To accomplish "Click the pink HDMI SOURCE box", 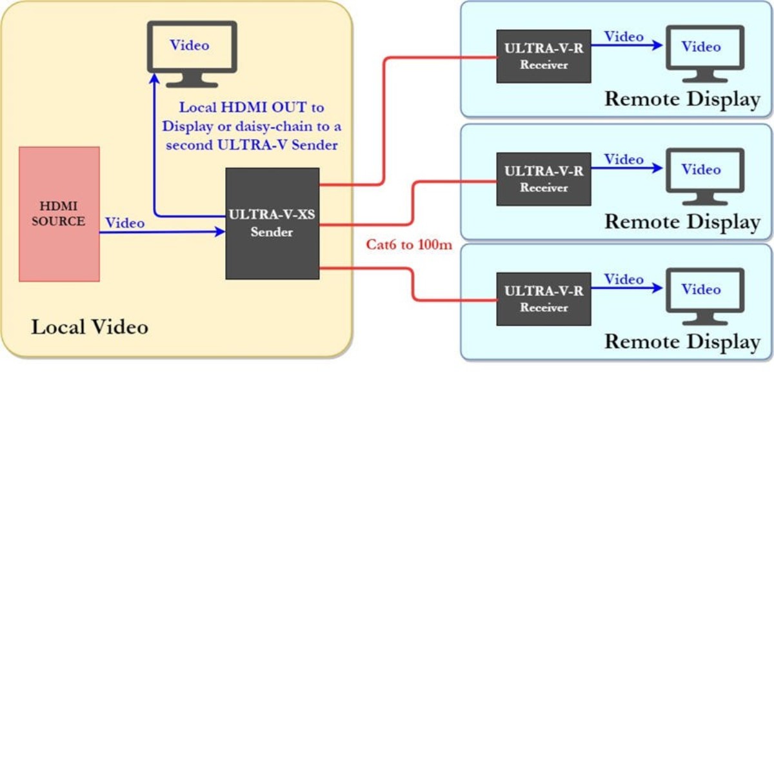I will tap(59, 214).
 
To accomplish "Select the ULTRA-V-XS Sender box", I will tap(272, 223).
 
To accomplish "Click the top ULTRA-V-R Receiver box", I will tap(544, 56).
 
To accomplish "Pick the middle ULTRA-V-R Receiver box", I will tap(544, 179).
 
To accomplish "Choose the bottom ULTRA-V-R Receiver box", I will tap(544, 299).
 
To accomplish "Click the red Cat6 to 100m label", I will tap(409, 244).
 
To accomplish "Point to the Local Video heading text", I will tap(90, 327).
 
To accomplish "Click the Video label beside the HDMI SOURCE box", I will tap(124, 223).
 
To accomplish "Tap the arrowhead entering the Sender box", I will tap(220, 232).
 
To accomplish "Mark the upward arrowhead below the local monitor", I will tap(155, 79).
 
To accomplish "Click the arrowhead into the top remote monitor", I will tap(657, 45).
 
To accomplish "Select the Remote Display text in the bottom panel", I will tap(682, 341).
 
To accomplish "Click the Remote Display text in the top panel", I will tap(682, 99).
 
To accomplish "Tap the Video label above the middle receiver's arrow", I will tap(624, 159).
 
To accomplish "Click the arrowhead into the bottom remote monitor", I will tap(657, 288).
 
